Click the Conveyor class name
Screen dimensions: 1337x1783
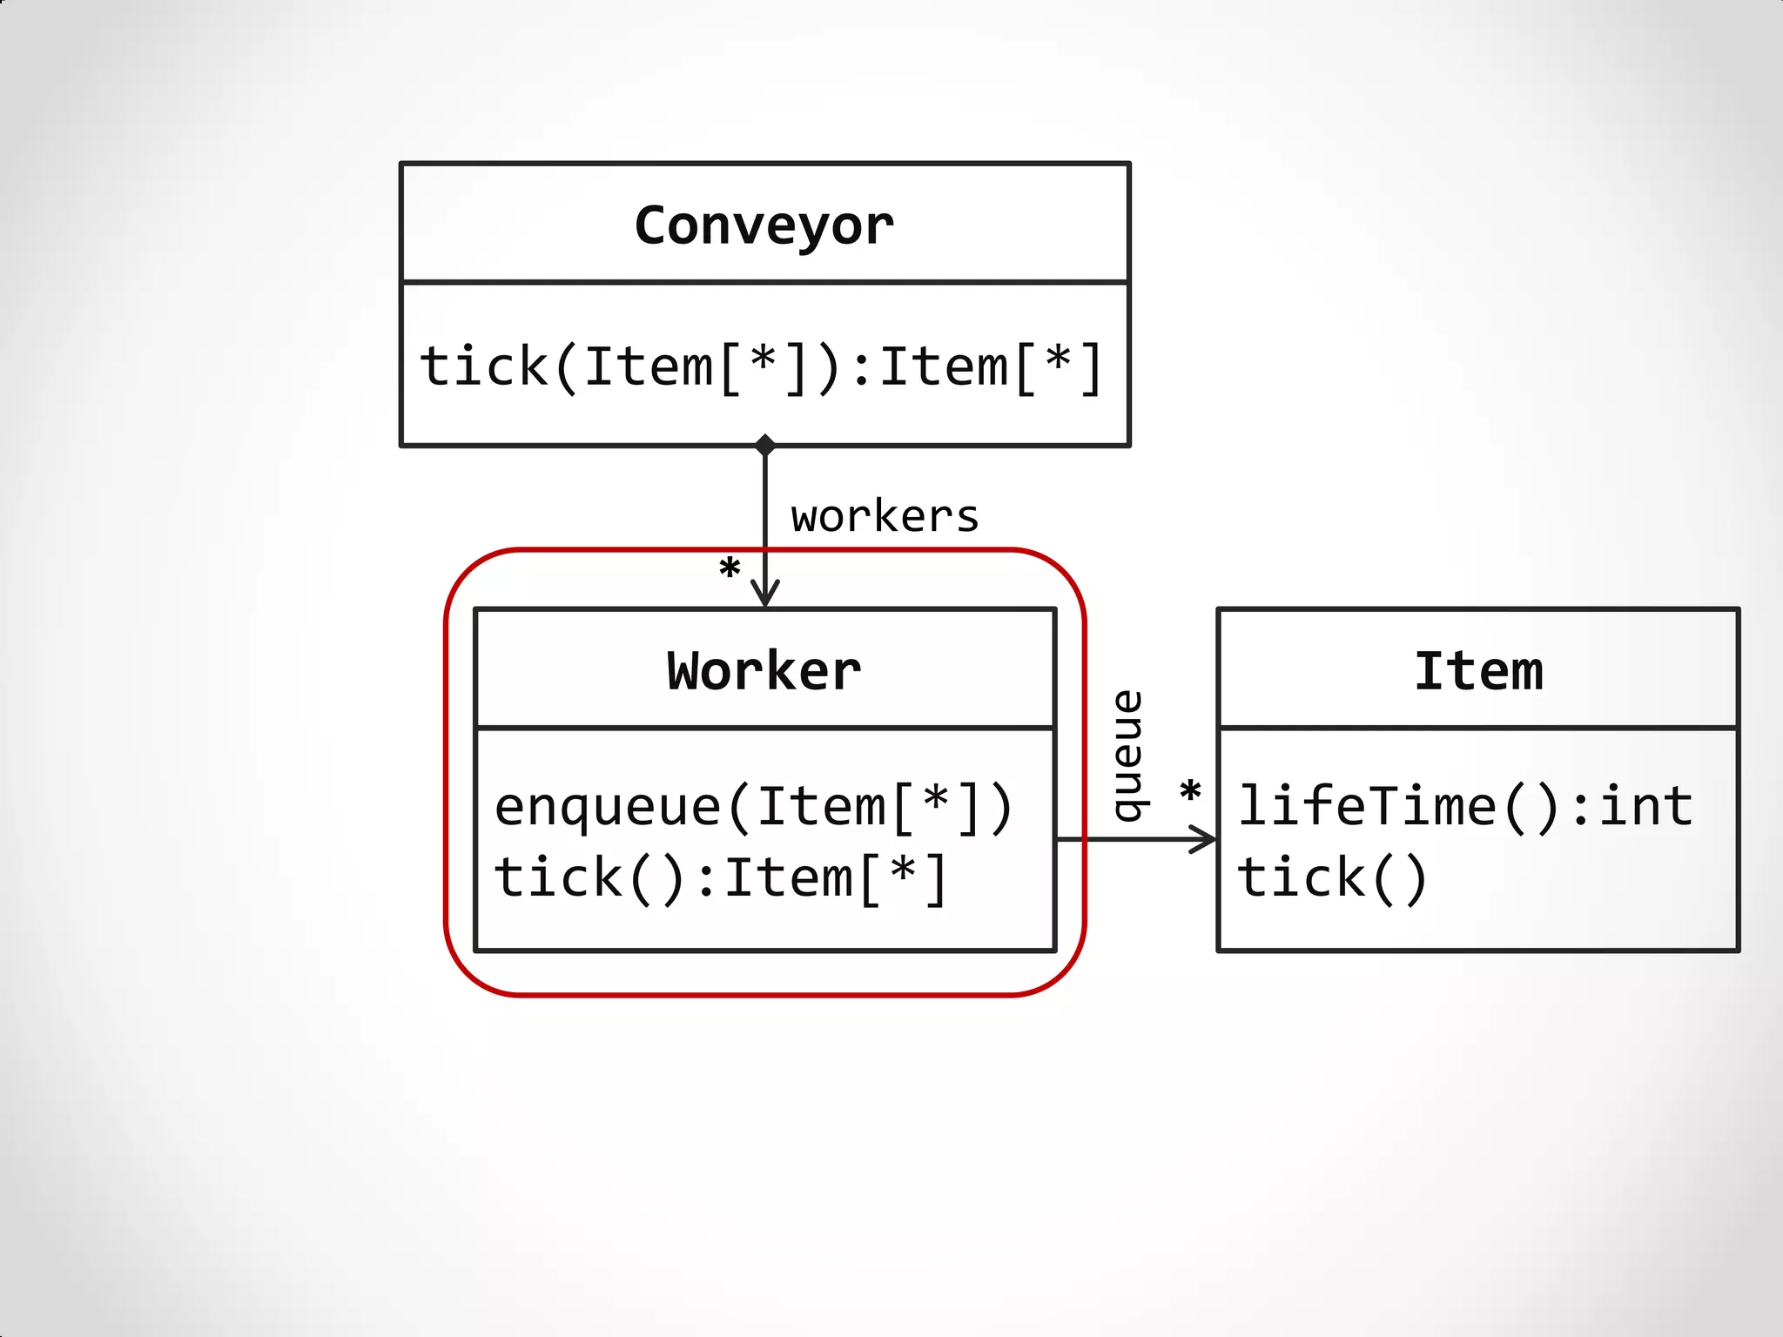coord(764,226)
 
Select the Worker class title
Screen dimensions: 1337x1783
coord(764,672)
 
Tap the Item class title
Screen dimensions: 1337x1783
coord(1478,672)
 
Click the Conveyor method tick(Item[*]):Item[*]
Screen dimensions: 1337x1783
coord(763,366)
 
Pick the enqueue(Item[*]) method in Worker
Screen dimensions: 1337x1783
coord(754,807)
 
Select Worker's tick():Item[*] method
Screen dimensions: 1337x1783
coord(721,877)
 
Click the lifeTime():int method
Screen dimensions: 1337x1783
coord(1465,806)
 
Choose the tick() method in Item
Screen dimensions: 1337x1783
coord(1332,877)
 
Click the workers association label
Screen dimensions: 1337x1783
coord(885,517)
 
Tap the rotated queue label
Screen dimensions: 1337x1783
coord(1129,756)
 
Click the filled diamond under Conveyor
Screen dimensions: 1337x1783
coord(765,445)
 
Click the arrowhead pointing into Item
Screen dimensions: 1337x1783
coord(1205,840)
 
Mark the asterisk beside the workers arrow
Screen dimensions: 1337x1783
coord(730,569)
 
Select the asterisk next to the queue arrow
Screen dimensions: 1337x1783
coord(1190,792)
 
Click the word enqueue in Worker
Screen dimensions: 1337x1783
coord(608,807)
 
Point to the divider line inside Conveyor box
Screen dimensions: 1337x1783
coord(764,282)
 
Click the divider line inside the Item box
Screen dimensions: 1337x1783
coord(1478,728)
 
